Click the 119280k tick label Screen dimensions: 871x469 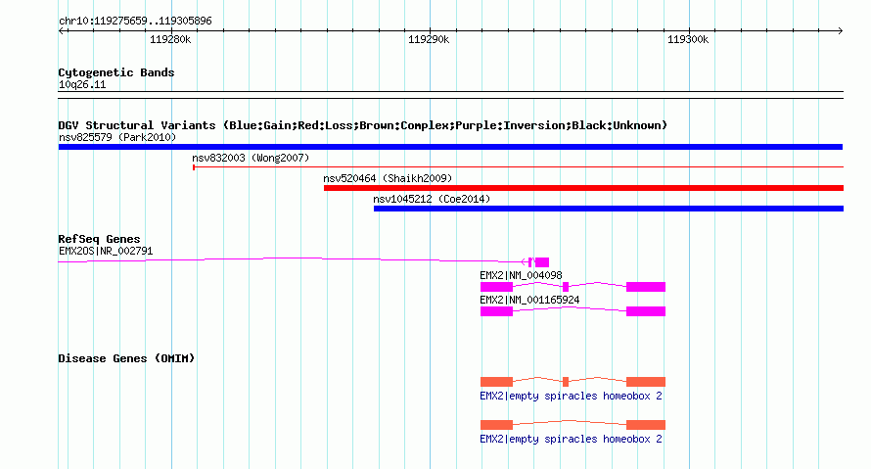click(170, 39)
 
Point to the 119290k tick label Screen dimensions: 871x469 click(429, 39)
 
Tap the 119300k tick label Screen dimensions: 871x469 click(688, 39)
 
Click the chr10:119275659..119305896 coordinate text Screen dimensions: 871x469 click(135, 22)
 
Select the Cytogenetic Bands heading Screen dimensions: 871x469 click(116, 72)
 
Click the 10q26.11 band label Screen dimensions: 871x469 click(82, 84)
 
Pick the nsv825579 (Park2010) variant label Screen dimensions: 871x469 click(117, 137)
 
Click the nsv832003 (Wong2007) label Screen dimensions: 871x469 click(251, 158)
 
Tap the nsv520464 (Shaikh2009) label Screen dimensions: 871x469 click(388, 178)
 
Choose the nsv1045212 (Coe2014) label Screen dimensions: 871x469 click(432, 199)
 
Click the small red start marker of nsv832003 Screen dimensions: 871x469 click(194, 167)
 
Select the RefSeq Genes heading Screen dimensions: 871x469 click(99, 239)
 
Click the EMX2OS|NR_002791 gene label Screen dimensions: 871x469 click(106, 251)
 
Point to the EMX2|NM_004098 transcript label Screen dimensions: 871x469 click(521, 275)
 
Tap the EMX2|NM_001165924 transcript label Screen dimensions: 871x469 click(529, 300)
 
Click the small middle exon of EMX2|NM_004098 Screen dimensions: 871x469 click(566, 287)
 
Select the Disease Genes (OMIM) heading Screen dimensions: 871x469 click(126, 358)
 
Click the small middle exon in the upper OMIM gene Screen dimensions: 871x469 click(566, 382)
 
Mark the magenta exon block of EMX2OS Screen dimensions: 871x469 click(542, 262)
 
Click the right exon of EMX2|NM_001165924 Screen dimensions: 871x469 click(646, 311)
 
